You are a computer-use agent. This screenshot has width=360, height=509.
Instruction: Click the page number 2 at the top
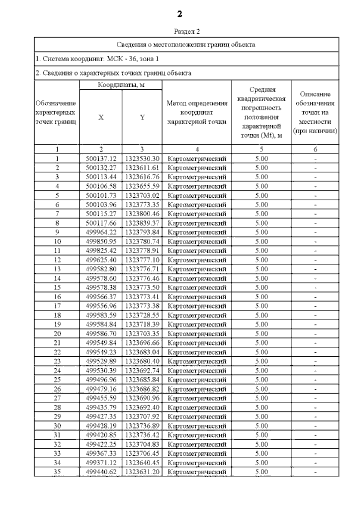179,14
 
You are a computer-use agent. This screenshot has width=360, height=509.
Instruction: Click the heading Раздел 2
187,31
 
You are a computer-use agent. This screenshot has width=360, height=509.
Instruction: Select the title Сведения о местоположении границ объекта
186,45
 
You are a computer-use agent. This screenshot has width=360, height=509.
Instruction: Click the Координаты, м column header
121,85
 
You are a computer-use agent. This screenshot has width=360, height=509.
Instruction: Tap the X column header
101,117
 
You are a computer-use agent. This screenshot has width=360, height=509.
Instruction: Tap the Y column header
142,117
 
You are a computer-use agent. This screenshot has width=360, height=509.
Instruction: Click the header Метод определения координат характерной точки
197,112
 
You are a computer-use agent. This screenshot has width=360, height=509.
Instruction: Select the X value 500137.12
101,159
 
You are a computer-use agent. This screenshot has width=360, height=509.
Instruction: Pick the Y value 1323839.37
142,223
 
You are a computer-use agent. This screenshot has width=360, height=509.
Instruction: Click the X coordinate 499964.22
101,232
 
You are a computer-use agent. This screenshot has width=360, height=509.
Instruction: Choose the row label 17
57,306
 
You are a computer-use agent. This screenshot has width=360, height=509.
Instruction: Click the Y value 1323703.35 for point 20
142,334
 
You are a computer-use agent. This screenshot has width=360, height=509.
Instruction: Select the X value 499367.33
101,453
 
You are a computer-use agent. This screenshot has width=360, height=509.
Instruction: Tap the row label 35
57,472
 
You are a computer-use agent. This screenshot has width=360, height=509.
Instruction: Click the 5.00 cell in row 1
261,159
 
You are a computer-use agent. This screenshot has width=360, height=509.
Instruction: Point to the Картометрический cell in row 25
197,380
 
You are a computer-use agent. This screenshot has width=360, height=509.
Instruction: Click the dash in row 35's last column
315,472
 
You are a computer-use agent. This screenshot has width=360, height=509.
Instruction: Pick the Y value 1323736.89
142,426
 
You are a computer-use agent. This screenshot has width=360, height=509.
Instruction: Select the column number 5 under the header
261,149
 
